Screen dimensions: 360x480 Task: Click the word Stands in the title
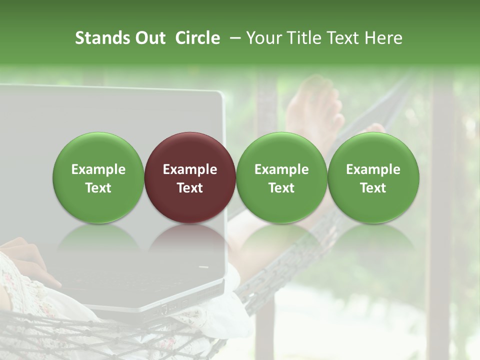(x=103, y=38)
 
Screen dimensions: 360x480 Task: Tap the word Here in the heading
(x=383, y=38)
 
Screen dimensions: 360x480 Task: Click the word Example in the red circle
(x=190, y=169)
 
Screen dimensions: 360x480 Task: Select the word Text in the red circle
(x=190, y=188)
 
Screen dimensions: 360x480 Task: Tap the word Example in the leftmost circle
(x=98, y=169)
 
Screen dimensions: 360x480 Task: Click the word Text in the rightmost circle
(x=373, y=188)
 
